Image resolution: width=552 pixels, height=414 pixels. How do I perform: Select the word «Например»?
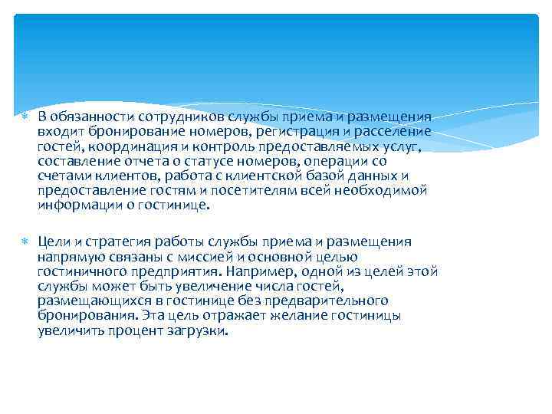pyautogui.click(x=284, y=271)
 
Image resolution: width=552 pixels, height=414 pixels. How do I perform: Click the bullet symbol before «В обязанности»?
pyautogui.click(x=24, y=117)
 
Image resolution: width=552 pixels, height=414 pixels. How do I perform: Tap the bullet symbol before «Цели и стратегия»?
pyautogui.click(x=24, y=242)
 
